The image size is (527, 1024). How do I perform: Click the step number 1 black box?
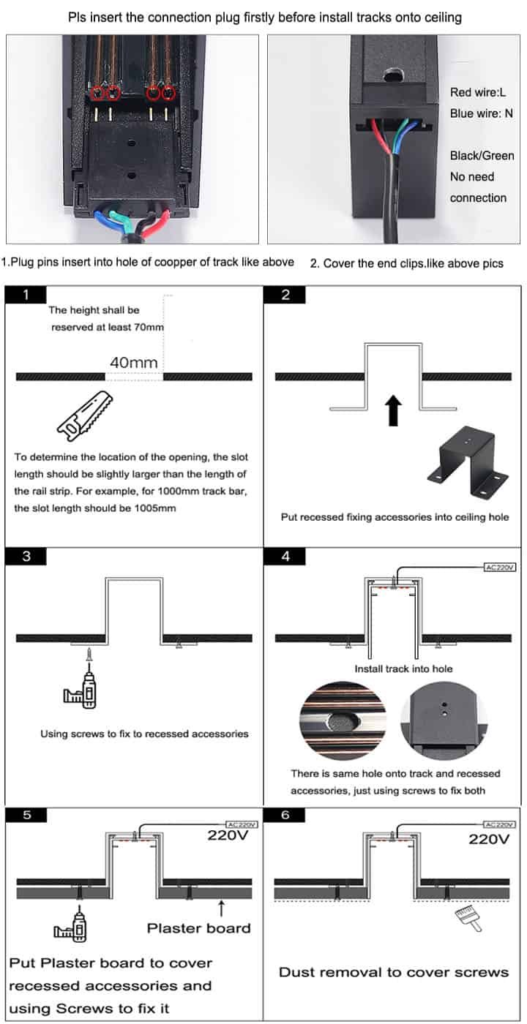click(26, 295)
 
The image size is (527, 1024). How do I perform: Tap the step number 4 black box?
click(285, 556)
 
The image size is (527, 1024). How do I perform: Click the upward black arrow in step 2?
click(393, 410)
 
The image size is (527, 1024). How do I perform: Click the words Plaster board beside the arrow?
click(198, 928)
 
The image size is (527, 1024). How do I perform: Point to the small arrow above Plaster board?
click(220, 908)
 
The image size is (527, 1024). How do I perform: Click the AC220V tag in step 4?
click(501, 567)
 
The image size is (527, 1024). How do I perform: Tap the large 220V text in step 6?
click(489, 839)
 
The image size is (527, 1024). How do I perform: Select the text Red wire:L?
click(478, 93)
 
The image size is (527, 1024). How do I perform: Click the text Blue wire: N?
click(481, 114)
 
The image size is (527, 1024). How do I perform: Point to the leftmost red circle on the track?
click(99, 93)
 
